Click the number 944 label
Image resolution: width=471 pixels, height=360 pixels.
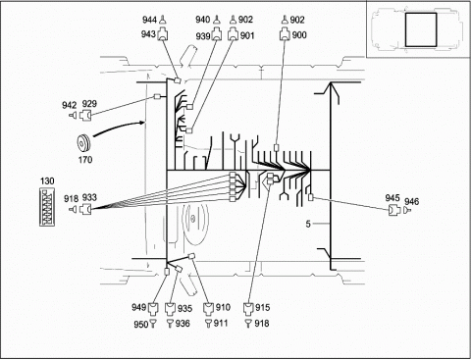[x=149, y=20]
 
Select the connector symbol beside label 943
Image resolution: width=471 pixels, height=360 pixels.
[x=163, y=34]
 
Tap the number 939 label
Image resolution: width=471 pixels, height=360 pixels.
[x=203, y=36]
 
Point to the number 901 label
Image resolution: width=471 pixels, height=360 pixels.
[x=247, y=35]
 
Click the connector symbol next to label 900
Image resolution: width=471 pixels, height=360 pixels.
[x=285, y=35]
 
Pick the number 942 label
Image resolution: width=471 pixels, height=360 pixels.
[x=70, y=105]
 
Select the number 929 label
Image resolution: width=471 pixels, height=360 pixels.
[x=89, y=104]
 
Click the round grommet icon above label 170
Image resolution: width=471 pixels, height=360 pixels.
[x=83, y=143]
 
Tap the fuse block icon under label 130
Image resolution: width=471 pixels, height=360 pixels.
[x=47, y=207]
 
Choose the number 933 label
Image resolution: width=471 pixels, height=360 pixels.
[x=89, y=197]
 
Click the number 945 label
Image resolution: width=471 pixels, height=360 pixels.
[x=392, y=198]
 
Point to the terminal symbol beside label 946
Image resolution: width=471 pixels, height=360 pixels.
[x=407, y=210]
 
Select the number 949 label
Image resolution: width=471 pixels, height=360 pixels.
[x=138, y=307]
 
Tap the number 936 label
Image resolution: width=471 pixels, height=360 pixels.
[x=183, y=324]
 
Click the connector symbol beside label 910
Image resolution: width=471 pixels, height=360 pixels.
[x=208, y=308]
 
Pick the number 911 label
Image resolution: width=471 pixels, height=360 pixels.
[x=221, y=323]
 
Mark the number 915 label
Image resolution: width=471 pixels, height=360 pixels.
[x=262, y=307]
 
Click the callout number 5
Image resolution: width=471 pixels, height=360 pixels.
[x=308, y=224]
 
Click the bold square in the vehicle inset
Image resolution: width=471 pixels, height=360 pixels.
[x=421, y=29]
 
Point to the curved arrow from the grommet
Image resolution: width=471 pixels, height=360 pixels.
[x=119, y=127]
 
